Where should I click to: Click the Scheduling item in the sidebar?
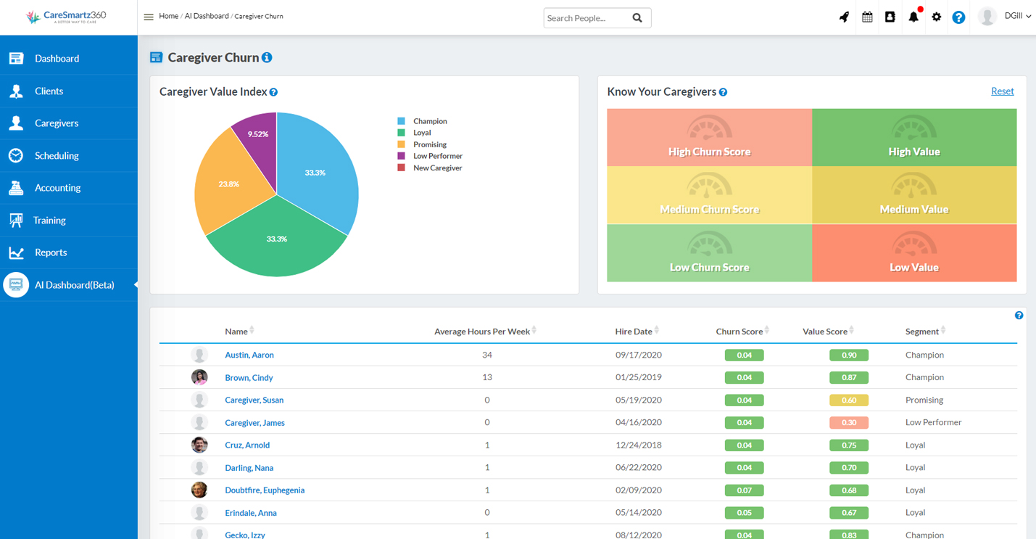57,155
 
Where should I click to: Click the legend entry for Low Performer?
437,156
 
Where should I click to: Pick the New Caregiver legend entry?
437,168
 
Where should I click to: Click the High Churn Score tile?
709,138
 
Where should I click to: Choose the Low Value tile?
913,253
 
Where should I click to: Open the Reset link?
1002,91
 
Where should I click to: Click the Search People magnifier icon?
637,18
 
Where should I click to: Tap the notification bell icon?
913,17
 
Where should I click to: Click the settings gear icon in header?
936,17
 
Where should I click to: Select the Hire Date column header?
634,332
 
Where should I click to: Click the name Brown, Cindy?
249,378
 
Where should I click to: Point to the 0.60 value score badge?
849,400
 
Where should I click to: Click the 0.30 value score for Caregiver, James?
849,423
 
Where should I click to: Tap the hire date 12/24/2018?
638,445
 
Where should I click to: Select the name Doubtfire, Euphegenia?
265,490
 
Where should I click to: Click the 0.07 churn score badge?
744,490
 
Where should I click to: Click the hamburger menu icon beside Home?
149,17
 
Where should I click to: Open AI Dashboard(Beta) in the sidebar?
74,285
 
